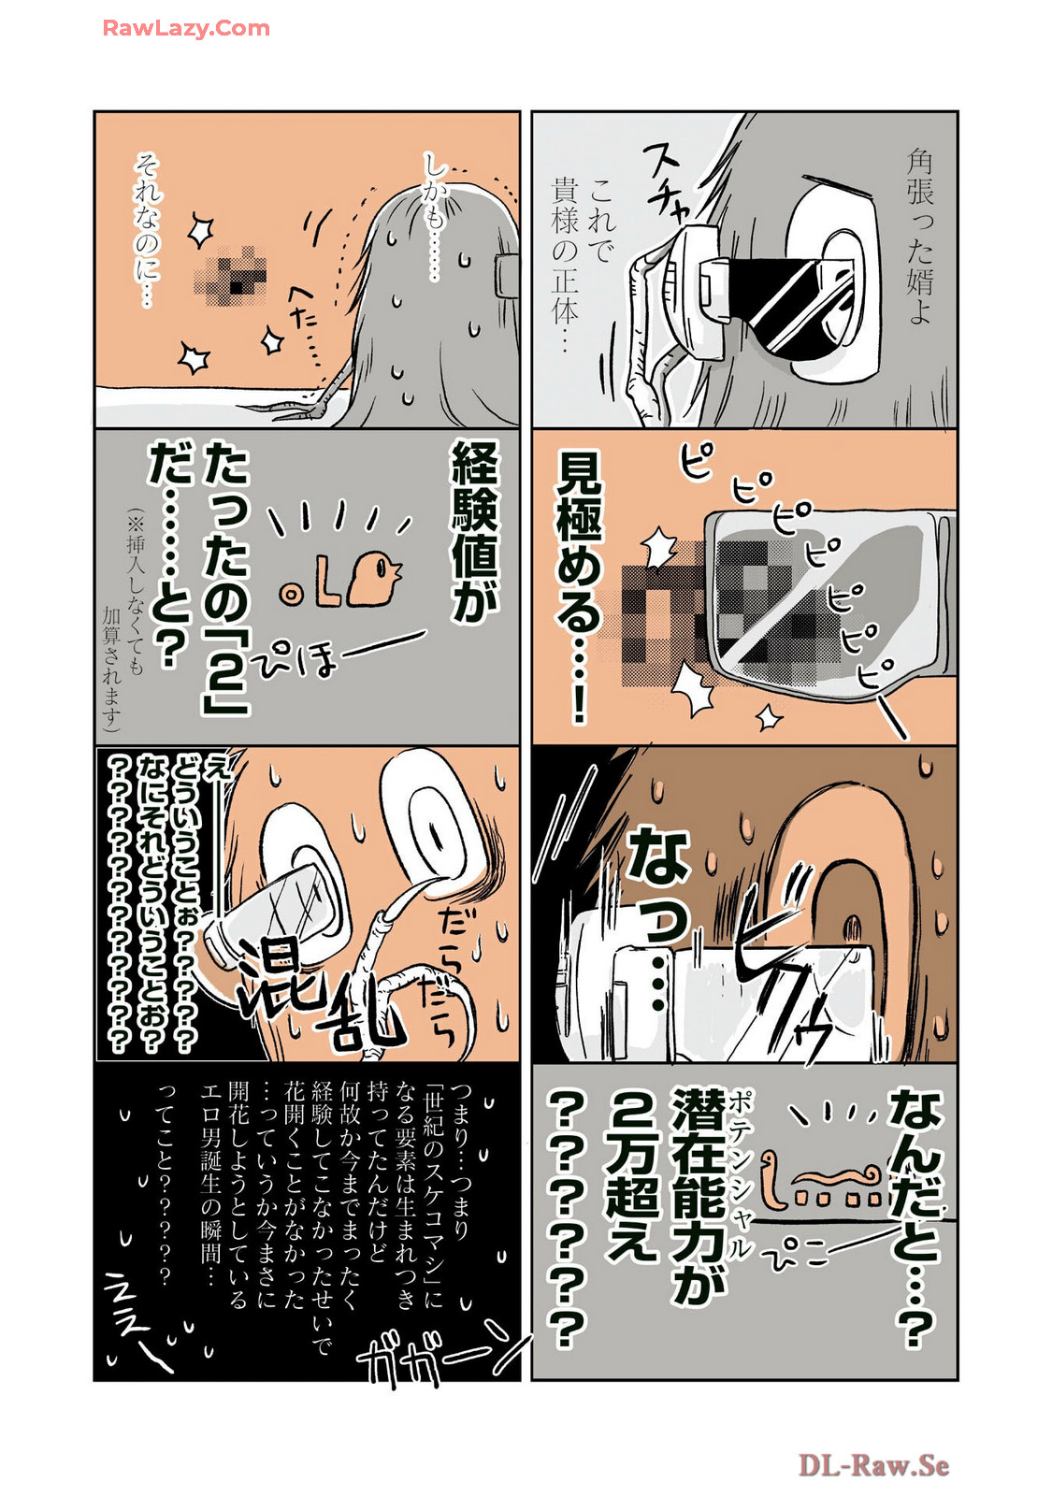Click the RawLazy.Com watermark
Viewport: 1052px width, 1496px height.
coord(186,28)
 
